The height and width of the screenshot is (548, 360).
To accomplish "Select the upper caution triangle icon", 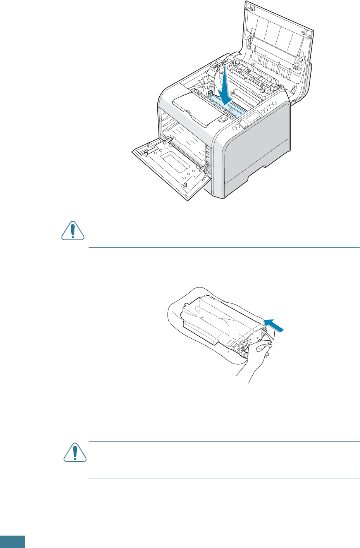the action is point(73,231).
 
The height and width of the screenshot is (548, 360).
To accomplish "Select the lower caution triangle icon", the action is point(75,453).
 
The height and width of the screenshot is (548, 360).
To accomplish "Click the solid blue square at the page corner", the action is point(12,542).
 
